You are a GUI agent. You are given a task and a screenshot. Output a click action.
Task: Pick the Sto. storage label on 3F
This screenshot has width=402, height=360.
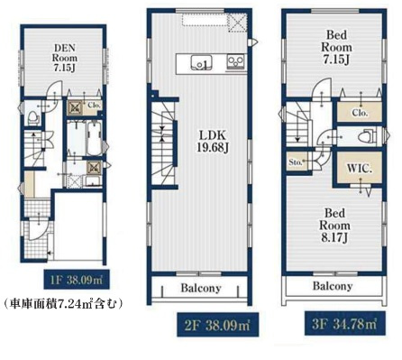(296, 163)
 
